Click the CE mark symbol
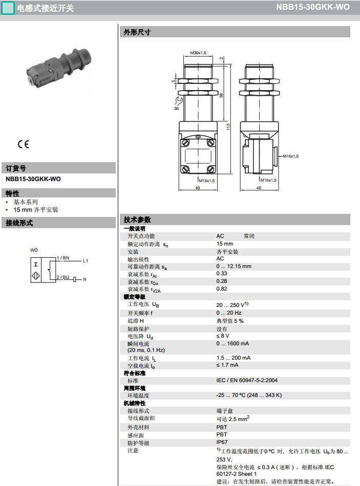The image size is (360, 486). pos(24,144)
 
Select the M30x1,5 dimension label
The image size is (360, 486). pos(198,53)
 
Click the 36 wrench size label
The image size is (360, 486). pos(177,108)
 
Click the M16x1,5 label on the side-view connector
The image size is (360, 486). pos(290,156)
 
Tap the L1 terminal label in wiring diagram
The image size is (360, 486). pos(86,261)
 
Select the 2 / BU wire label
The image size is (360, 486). pos(62,277)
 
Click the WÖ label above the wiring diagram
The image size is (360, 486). pos(34,250)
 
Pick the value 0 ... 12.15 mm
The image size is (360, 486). pos(234,266)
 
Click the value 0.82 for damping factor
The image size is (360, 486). pos(221,289)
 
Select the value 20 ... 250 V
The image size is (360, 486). pos(231,304)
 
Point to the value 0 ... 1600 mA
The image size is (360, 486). pos(232,343)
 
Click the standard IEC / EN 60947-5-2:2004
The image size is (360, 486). pos(247,381)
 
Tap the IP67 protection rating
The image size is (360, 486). pos(222,442)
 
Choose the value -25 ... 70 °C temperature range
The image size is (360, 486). pos(249,395)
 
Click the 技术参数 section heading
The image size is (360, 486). pos(137,219)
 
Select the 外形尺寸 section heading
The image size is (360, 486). pos(137,32)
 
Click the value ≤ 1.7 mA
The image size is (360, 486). pos(227,365)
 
